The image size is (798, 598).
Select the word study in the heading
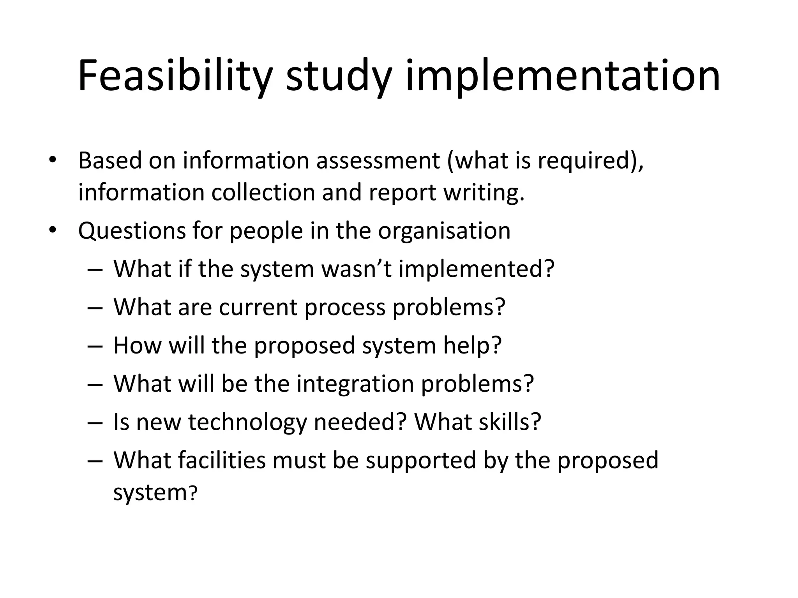pos(338,76)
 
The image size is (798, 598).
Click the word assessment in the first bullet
pos(378,160)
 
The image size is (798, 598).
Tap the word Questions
pos(132,230)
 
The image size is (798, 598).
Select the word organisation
pos(444,230)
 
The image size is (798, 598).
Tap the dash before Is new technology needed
pos(95,422)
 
